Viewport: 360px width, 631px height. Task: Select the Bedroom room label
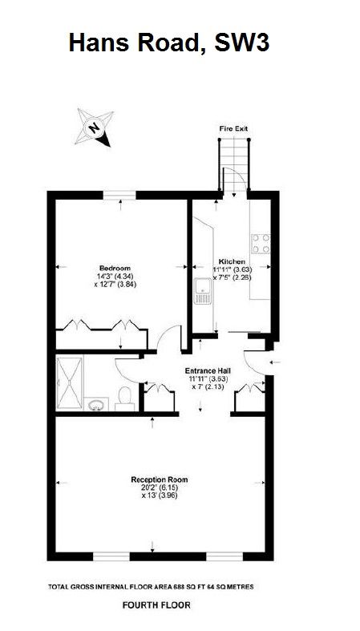[x=115, y=268]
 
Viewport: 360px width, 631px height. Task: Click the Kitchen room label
[x=233, y=262]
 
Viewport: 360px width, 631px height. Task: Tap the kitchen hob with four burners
[x=261, y=243]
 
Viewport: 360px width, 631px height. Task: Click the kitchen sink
[x=202, y=293]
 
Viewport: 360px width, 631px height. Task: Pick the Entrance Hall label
[x=208, y=370]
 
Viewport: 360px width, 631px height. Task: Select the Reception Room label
[x=160, y=479]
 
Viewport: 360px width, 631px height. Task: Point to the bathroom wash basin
[x=97, y=403]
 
